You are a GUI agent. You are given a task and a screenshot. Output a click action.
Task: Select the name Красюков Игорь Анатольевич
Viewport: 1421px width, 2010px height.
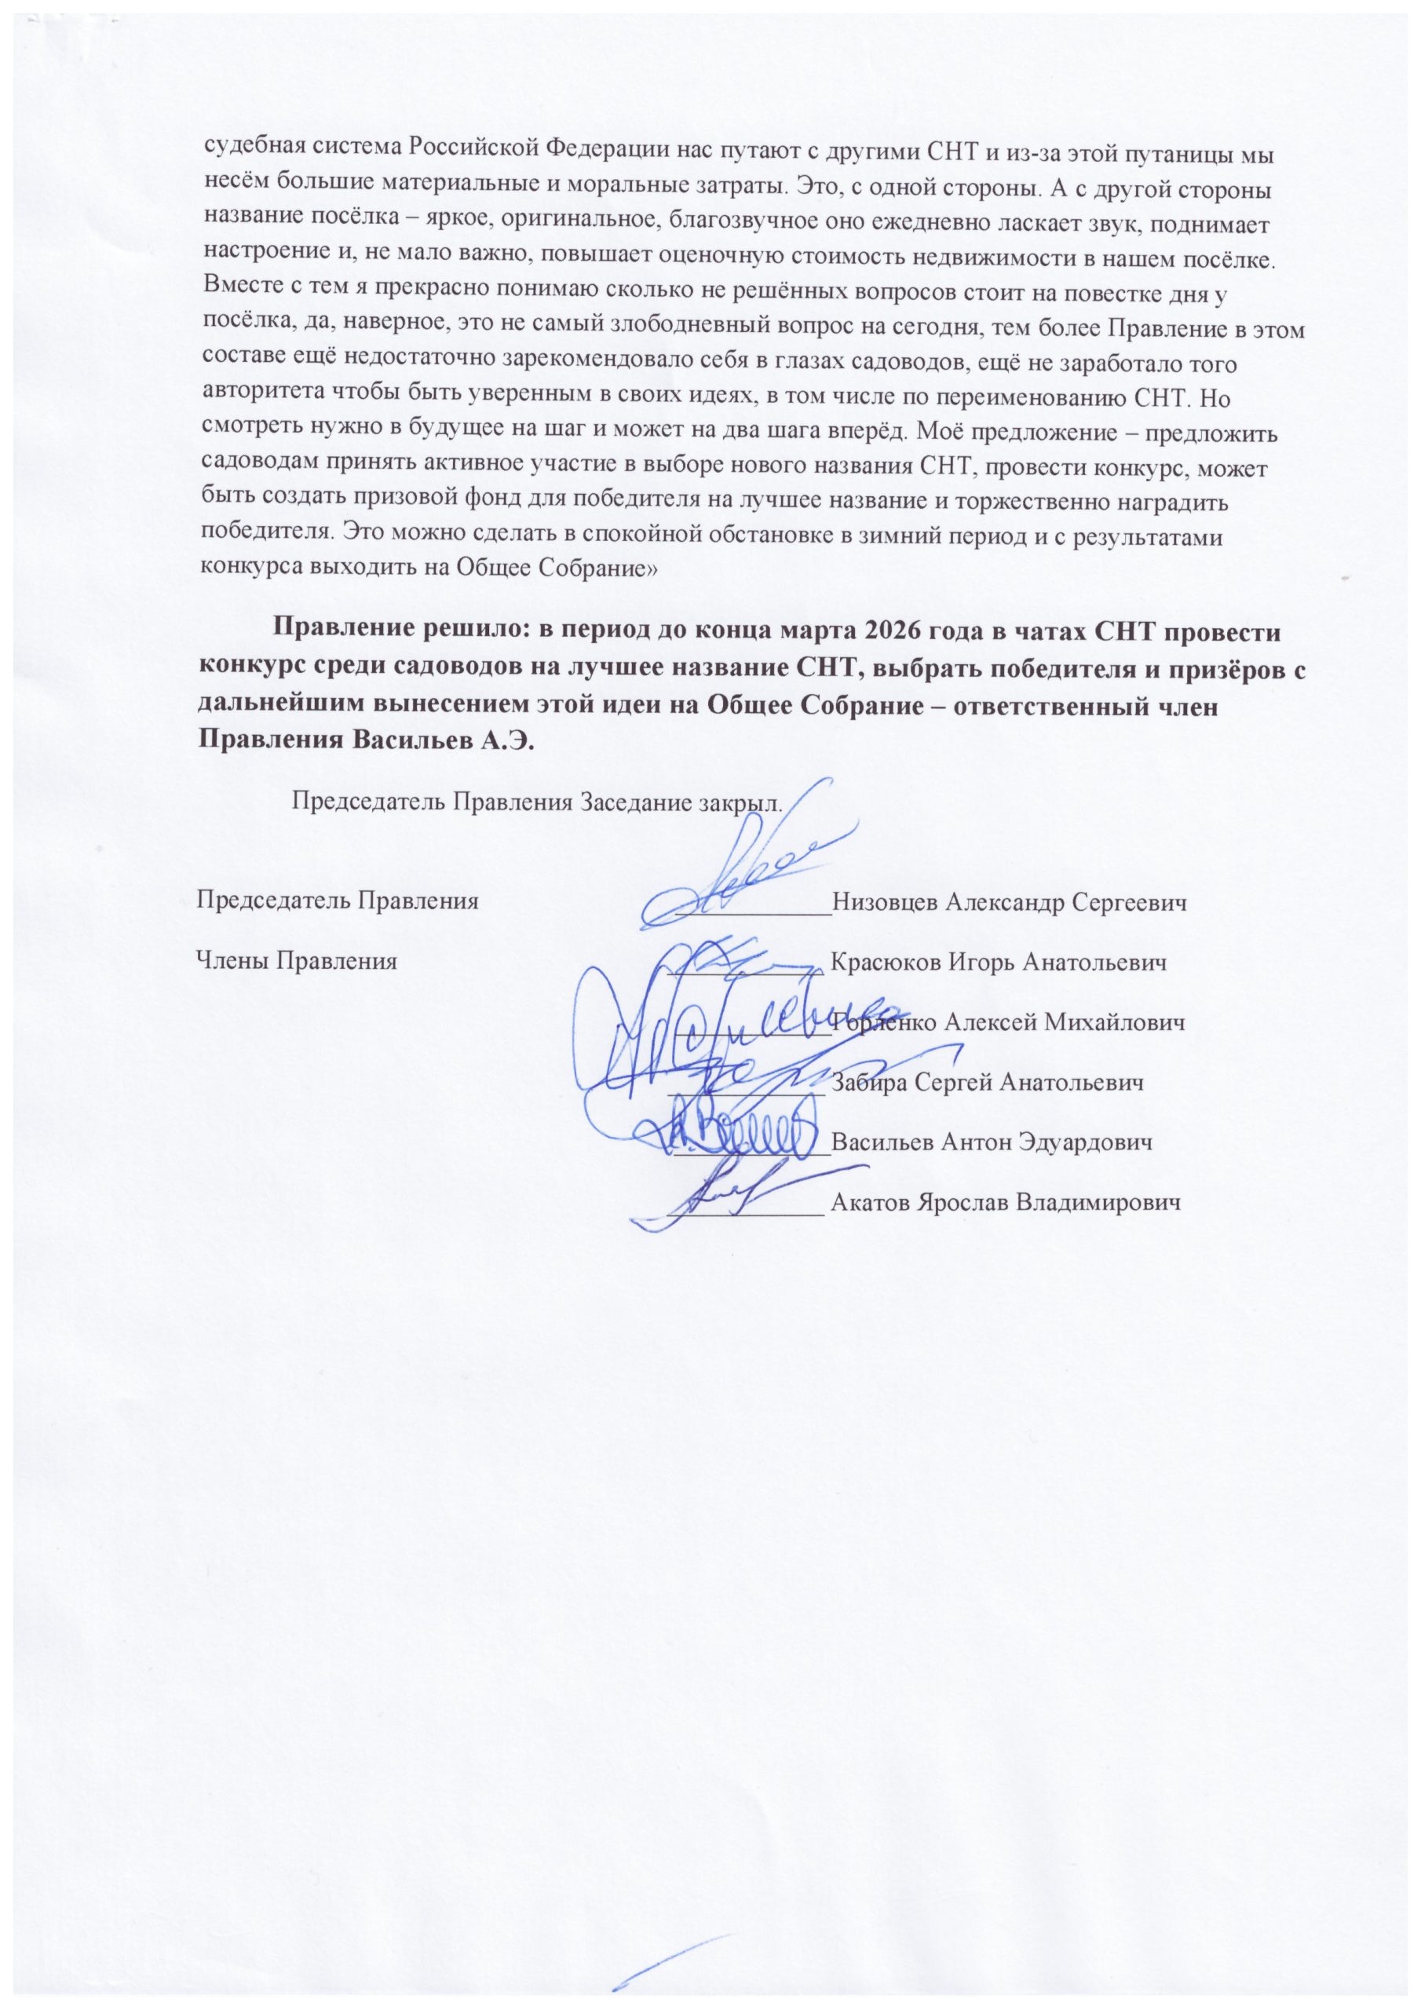point(998,963)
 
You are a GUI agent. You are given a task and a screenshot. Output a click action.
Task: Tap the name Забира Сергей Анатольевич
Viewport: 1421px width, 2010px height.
point(987,1083)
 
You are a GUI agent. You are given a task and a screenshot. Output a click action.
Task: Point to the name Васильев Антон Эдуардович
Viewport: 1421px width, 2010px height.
point(990,1142)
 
